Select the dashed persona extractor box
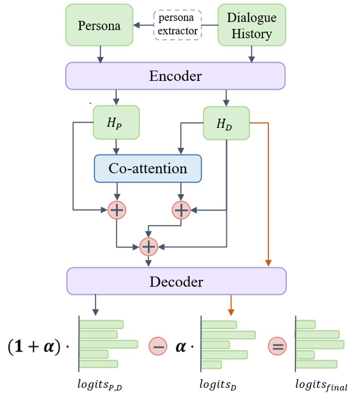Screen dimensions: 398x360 pyautogui.click(x=178, y=25)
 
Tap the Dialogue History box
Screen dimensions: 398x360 pyautogui.click(x=251, y=25)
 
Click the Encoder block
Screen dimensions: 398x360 pyautogui.click(x=175, y=76)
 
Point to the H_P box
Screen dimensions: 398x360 pyautogui.click(x=116, y=123)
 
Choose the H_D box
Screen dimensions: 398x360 pyautogui.click(x=226, y=123)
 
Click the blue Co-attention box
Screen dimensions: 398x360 pyautogui.click(x=148, y=168)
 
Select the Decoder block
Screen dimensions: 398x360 pyautogui.click(x=176, y=281)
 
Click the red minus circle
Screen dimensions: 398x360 pyautogui.click(x=158, y=346)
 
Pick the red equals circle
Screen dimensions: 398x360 pyautogui.click(x=277, y=346)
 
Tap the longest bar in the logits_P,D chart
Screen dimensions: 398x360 pyautogui.click(x=108, y=344)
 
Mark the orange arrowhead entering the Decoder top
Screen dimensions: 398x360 pyautogui.click(x=268, y=263)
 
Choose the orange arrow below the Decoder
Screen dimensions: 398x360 pyautogui.click(x=231, y=305)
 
